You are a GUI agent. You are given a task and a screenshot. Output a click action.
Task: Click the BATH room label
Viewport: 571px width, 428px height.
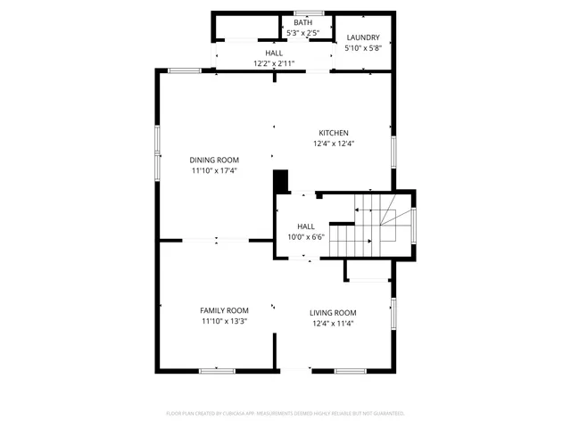(x=303, y=22)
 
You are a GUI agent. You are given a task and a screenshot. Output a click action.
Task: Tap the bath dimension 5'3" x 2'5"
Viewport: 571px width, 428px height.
(x=303, y=33)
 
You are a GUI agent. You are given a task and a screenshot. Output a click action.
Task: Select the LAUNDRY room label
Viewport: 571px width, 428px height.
(x=363, y=37)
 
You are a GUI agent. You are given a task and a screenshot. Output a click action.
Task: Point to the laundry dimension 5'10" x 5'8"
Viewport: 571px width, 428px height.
(x=363, y=48)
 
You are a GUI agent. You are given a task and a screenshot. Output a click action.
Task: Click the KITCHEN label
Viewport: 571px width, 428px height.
(x=334, y=133)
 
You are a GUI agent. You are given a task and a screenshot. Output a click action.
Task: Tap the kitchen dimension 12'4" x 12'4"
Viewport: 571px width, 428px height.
(x=334, y=144)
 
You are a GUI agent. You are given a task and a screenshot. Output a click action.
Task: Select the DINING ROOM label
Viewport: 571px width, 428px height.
(x=214, y=160)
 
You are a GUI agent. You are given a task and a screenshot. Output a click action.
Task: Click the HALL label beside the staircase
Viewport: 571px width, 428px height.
(x=306, y=226)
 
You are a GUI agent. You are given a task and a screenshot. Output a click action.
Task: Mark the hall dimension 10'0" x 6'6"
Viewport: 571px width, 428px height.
(x=306, y=237)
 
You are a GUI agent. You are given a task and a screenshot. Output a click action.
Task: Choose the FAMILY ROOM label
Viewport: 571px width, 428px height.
(x=224, y=310)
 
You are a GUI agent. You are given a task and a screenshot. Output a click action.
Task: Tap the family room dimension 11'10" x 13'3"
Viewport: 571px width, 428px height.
(x=224, y=321)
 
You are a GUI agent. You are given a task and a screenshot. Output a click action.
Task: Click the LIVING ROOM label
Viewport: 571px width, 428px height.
(x=333, y=312)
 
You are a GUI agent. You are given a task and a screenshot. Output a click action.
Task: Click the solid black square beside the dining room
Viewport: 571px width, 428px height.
(x=281, y=181)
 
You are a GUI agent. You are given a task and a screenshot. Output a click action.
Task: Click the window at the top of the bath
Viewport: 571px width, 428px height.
(x=309, y=12)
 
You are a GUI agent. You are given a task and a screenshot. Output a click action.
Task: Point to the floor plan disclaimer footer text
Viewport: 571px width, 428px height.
(x=285, y=413)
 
